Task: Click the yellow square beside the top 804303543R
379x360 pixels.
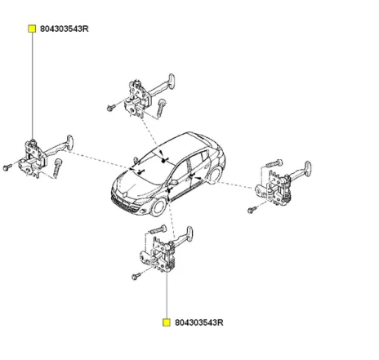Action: (32, 29)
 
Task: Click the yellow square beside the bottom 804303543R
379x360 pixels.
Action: (166, 323)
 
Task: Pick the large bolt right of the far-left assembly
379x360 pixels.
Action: (59, 167)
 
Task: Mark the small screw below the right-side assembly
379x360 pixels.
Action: (250, 211)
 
